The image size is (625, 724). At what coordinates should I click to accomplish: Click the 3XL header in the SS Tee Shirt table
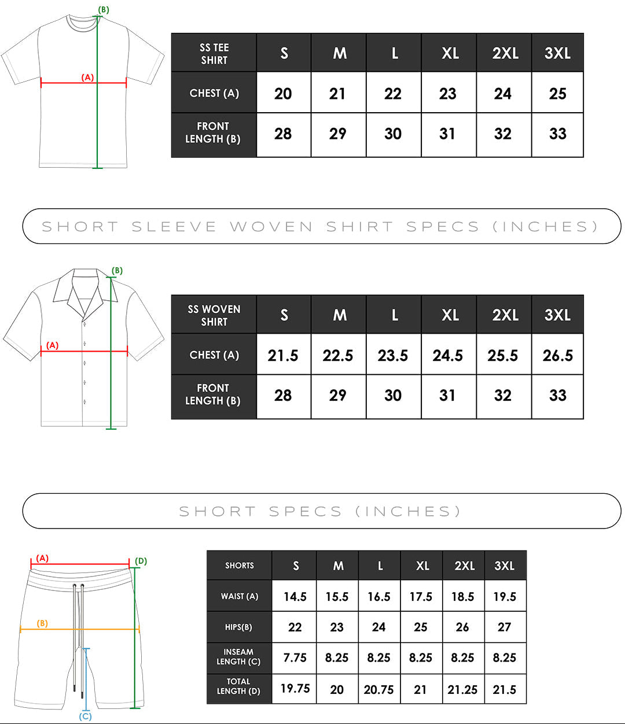557,53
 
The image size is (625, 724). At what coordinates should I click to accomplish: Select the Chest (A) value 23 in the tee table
448,94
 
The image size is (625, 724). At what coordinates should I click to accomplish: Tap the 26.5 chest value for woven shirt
557,356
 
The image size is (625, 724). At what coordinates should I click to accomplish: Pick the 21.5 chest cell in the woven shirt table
283,356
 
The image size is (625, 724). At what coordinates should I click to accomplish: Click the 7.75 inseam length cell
295,658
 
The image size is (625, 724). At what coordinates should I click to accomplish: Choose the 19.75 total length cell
295,689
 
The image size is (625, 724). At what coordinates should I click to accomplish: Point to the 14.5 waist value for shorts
295,597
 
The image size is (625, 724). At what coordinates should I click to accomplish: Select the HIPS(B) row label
238,627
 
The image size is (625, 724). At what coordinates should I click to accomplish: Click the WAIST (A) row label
240,596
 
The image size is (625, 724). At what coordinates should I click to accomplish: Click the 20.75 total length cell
378,690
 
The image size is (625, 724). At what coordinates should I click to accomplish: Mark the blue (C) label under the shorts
85,716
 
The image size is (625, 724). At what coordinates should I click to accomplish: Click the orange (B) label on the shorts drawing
42,623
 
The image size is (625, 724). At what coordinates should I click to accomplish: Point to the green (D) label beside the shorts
141,561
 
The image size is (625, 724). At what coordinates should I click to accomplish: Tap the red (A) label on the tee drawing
87,77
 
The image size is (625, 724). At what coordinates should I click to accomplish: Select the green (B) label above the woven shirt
117,271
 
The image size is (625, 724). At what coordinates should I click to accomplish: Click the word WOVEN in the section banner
271,227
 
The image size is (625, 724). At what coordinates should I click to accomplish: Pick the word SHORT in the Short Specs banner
218,511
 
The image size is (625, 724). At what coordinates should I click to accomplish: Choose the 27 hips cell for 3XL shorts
504,627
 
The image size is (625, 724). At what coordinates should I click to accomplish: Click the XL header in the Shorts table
422,566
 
